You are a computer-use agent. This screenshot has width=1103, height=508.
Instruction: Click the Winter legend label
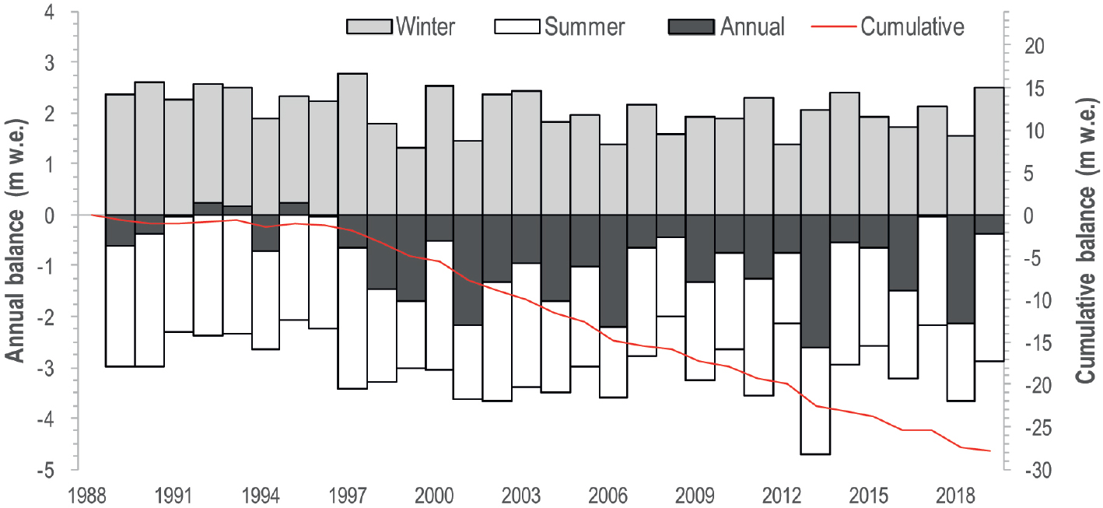pyautogui.click(x=425, y=26)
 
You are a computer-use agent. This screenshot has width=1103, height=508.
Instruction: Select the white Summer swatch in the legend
pyautogui.click(x=517, y=26)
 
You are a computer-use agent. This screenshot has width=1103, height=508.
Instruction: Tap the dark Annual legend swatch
pyautogui.click(x=692, y=26)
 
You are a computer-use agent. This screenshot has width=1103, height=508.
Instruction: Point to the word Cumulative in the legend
pyautogui.click(x=912, y=26)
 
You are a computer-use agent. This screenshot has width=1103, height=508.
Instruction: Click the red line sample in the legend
pyautogui.click(x=835, y=27)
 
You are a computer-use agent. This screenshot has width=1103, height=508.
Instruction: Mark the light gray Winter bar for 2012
pyautogui.click(x=787, y=179)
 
